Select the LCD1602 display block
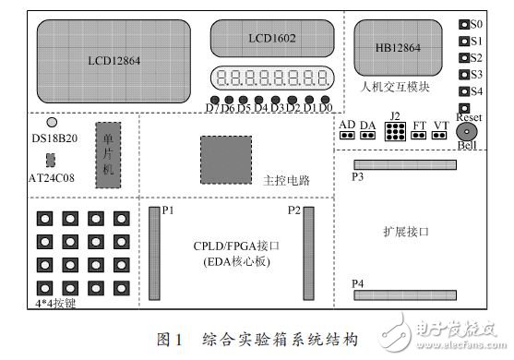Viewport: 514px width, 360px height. [x=269, y=39]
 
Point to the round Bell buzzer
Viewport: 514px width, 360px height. [x=466, y=133]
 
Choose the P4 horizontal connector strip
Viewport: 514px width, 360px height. [x=407, y=294]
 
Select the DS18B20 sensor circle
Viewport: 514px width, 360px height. [x=52, y=122]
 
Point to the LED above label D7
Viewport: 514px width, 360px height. [x=214, y=99]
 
